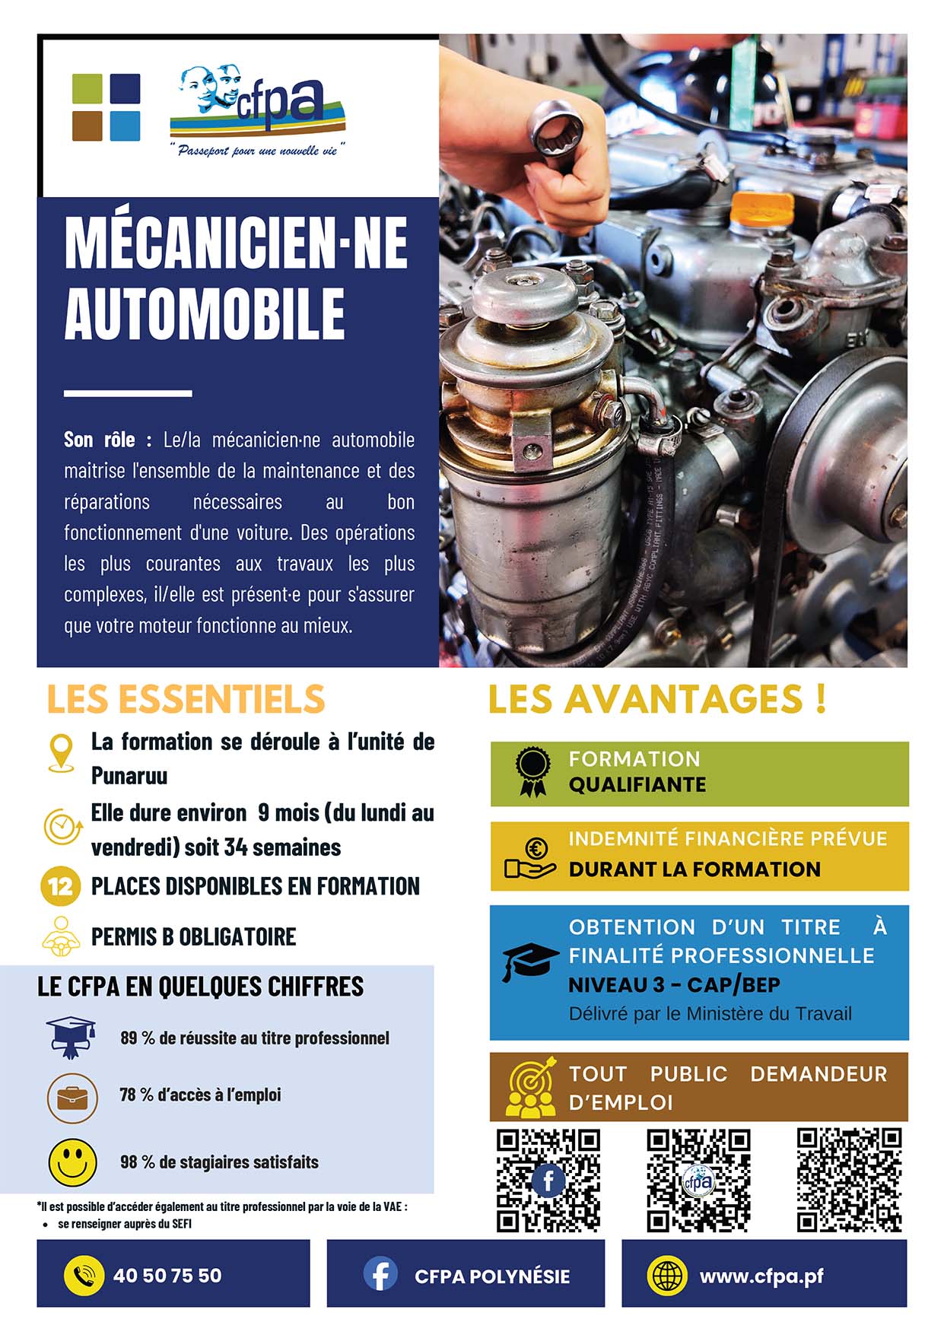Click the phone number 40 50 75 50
coord(167,1276)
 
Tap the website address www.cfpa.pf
coord(761,1276)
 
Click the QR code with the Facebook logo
coord(548,1180)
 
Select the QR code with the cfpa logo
coord(698,1180)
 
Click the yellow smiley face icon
coord(72,1162)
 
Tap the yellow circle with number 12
coord(60,886)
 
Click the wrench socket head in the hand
coord(557,126)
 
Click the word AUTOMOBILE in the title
coord(205,313)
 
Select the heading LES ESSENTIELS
coord(186,699)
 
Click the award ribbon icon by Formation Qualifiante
coord(532,771)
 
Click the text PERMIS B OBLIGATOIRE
coord(193,936)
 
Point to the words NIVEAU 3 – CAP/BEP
coord(674,985)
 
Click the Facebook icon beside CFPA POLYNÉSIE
coord(380,1274)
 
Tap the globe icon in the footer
coord(666,1275)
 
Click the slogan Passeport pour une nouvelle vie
coord(257,151)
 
